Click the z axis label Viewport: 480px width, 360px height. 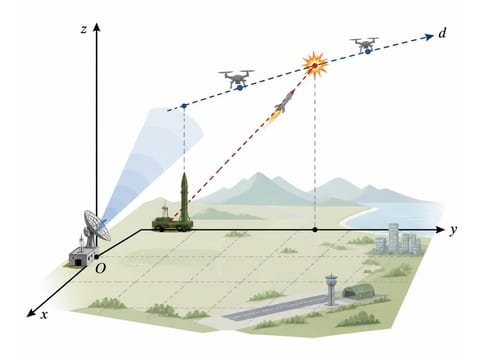tap(84, 30)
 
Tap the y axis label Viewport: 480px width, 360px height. tap(452, 230)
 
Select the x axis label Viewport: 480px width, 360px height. tap(44, 315)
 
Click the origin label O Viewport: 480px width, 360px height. tap(100, 268)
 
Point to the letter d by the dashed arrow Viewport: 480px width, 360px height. tap(442, 33)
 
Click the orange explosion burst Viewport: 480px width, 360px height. tap(315, 64)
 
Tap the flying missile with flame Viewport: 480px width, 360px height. tap(283, 105)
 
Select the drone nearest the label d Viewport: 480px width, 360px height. tap(364, 44)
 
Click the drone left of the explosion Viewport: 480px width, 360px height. tap(236, 79)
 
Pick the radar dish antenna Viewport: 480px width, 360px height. tap(96, 226)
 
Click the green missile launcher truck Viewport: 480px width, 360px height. tap(172, 214)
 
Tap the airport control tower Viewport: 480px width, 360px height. tap(331, 289)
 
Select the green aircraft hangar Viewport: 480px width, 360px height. tap(358, 291)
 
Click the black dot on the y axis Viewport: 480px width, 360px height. tap(315, 230)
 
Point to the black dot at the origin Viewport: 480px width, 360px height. tap(97, 257)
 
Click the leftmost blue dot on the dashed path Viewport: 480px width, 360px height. tap(184, 106)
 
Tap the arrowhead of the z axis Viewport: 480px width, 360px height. tap(97, 27)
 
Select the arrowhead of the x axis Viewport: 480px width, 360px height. tap(31, 313)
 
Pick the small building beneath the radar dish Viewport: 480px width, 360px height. tap(81, 257)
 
